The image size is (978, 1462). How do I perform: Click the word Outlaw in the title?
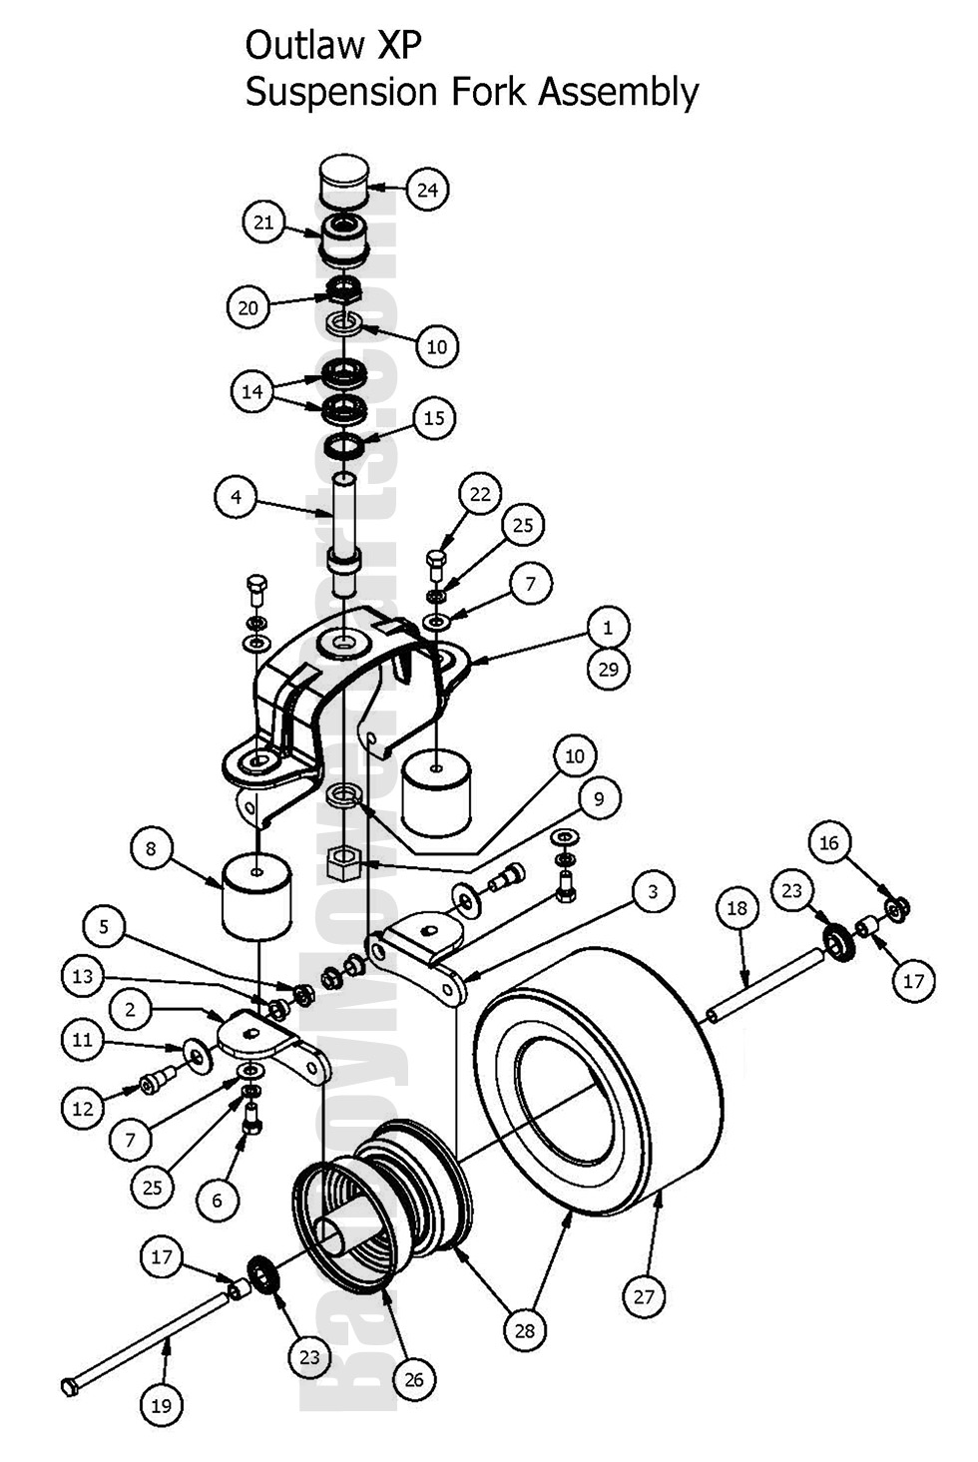click(295, 45)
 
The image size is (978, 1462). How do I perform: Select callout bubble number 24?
click(427, 190)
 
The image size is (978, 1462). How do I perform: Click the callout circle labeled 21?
click(263, 222)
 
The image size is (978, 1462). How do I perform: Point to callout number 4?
click(237, 497)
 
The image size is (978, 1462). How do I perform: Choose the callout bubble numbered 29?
click(609, 669)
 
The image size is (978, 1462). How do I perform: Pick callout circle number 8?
click(152, 849)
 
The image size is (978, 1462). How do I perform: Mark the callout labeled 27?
click(644, 1296)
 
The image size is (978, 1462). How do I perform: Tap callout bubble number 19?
click(161, 1406)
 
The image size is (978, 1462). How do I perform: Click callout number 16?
click(829, 843)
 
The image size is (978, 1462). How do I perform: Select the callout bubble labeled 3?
click(653, 891)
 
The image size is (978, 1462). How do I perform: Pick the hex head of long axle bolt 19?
click(69, 1387)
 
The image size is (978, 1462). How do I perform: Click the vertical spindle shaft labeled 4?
click(344, 529)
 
